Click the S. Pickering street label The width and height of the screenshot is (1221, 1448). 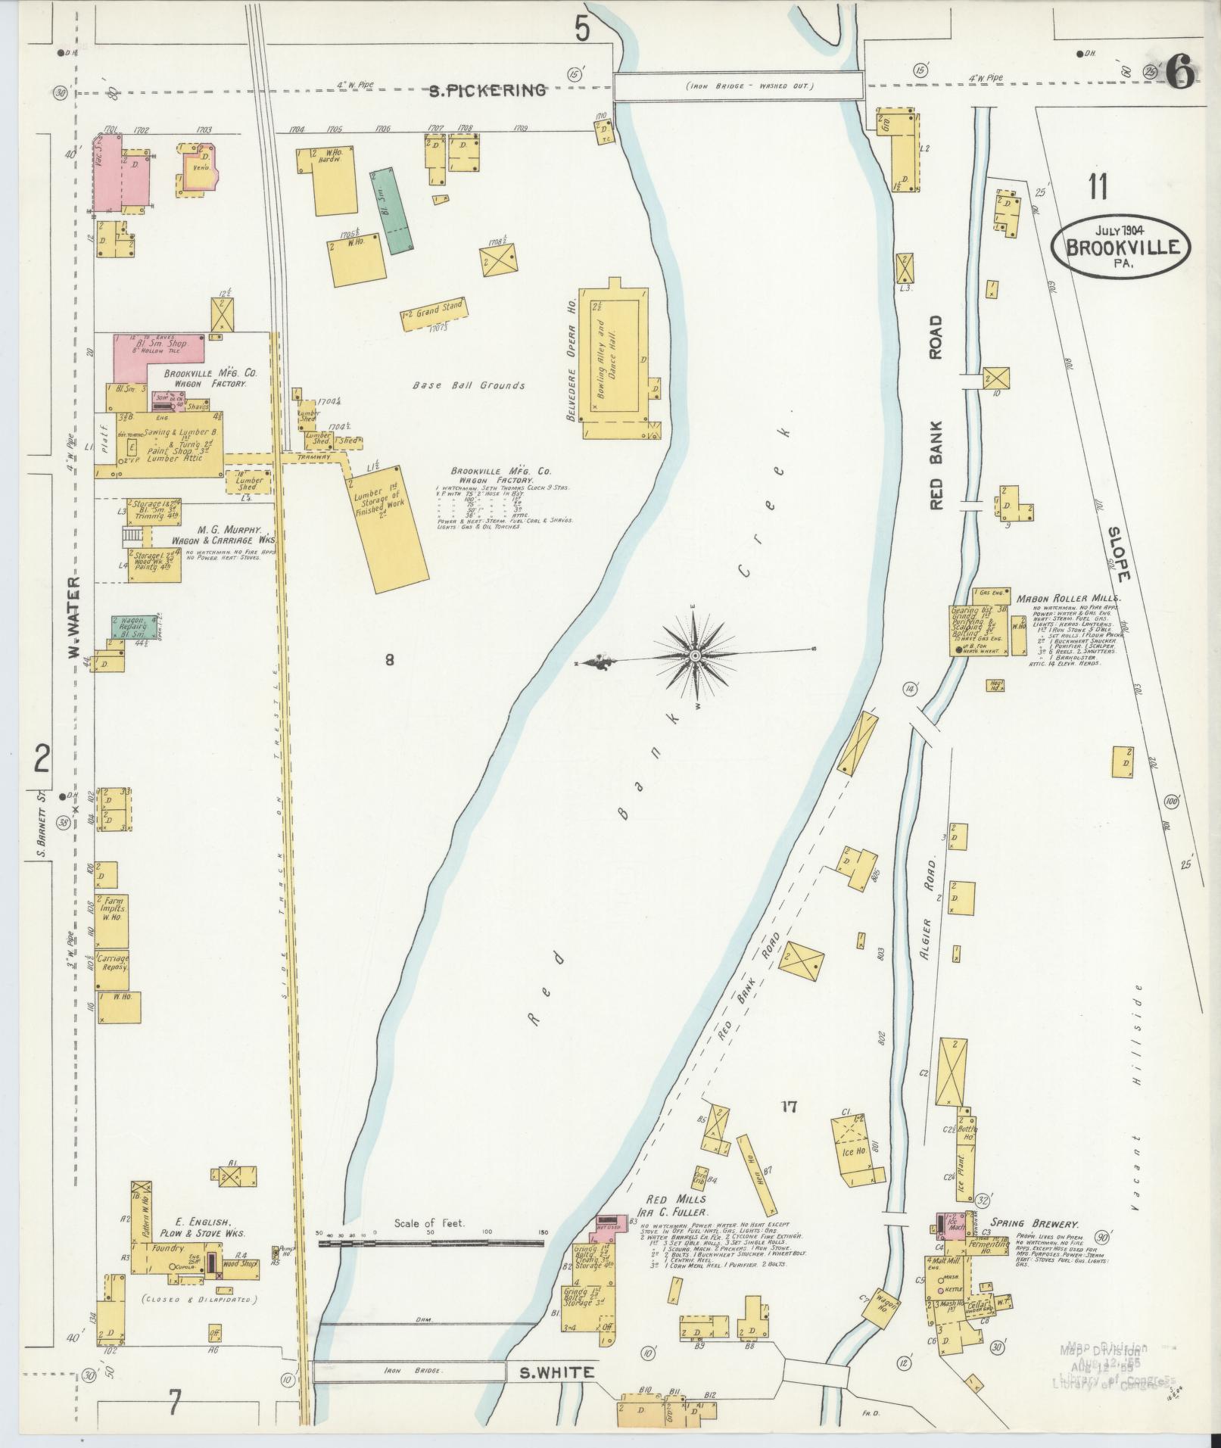487,90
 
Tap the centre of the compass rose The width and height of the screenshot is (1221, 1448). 694,655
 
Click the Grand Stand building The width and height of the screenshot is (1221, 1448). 432,313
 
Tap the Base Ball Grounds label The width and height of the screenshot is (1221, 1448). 469,385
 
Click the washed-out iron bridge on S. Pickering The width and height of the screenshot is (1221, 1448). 738,86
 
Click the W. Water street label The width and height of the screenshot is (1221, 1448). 74,617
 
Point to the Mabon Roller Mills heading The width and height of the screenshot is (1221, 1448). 1068,598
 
